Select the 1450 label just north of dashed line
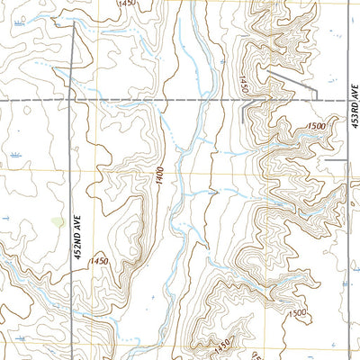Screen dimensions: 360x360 243,85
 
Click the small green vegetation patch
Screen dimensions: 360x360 58,220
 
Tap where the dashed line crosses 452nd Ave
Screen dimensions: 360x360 73,99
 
